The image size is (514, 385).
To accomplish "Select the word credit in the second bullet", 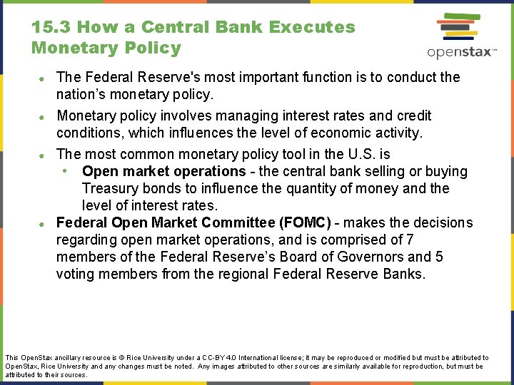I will pyautogui.click(x=413, y=115).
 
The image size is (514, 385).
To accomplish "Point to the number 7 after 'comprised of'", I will pyautogui.click(x=410, y=240).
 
